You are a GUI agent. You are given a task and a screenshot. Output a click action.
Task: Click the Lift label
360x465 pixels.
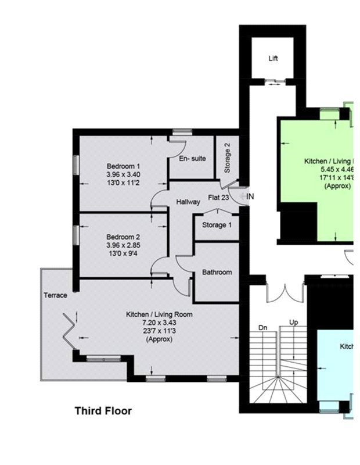pyautogui.click(x=273, y=59)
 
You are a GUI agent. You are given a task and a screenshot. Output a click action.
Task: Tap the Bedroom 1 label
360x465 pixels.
pyautogui.click(x=123, y=166)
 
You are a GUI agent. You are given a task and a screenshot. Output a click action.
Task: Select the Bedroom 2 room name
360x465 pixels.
pyautogui.click(x=123, y=237)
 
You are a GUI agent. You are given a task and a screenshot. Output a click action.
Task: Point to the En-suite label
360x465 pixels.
pyautogui.click(x=192, y=158)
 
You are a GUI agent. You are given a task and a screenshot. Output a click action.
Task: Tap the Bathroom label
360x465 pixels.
pyautogui.click(x=217, y=272)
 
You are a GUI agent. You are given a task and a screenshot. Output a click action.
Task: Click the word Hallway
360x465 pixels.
pyautogui.click(x=188, y=202)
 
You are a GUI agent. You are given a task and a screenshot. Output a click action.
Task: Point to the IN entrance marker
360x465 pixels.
pyautogui.click(x=250, y=197)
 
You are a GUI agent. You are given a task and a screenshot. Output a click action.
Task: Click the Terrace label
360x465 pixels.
pyautogui.click(x=56, y=295)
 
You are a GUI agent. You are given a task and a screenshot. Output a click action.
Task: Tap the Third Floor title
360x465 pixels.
pyautogui.click(x=103, y=411)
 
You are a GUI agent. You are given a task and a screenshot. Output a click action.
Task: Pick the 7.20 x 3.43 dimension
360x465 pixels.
pyautogui.click(x=159, y=323)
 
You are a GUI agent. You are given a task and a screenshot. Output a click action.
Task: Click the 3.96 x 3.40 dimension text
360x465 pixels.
pyautogui.click(x=123, y=174)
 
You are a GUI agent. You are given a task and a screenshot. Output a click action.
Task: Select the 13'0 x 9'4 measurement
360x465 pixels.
pyautogui.click(x=123, y=253)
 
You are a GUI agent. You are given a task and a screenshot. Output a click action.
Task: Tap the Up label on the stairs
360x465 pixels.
pyautogui.click(x=293, y=322)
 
